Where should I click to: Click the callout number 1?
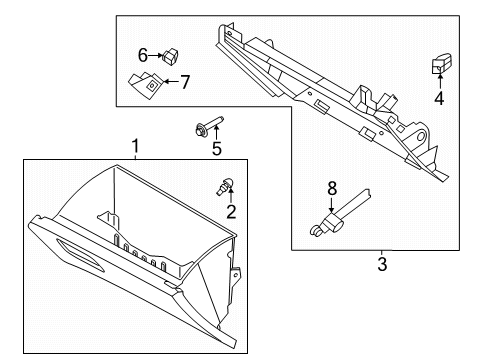click(x=135, y=146)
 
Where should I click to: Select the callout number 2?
click(x=231, y=211)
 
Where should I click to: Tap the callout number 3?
click(x=382, y=264)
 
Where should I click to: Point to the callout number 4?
click(x=439, y=98)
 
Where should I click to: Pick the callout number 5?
click(x=217, y=148)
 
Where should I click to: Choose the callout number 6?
click(x=143, y=55)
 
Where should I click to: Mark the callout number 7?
click(x=185, y=82)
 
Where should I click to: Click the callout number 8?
click(x=332, y=189)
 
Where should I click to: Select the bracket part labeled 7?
click(x=146, y=85)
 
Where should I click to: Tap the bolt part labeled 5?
click(x=208, y=125)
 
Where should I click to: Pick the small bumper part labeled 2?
click(x=225, y=186)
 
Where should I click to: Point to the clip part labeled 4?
click(x=442, y=63)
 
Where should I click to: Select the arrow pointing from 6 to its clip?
click(x=155, y=55)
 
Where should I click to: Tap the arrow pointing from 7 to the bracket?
click(x=172, y=81)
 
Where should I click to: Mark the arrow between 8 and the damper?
click(x=331, y=205)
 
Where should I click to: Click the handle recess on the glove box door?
click(x=80, y=254)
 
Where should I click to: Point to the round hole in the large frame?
click(x=420, y=136)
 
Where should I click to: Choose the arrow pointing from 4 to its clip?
click(x=440, y=82)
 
